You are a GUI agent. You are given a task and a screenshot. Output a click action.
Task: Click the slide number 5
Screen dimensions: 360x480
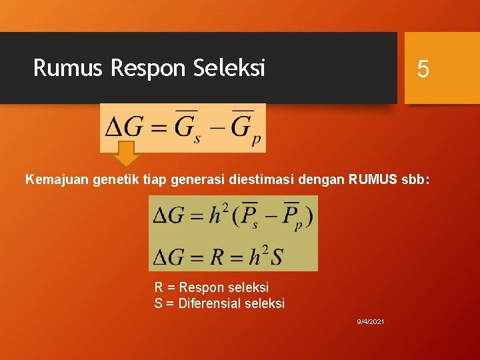(423, 69)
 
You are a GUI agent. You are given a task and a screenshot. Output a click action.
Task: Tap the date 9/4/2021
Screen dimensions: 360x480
(370, 322)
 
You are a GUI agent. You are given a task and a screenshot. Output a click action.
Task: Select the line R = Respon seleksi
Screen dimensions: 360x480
(211, 287)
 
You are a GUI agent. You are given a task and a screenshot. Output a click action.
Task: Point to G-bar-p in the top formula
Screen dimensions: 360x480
(246, 128)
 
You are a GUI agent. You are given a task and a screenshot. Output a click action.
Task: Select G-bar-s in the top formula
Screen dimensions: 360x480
(187, 128)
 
